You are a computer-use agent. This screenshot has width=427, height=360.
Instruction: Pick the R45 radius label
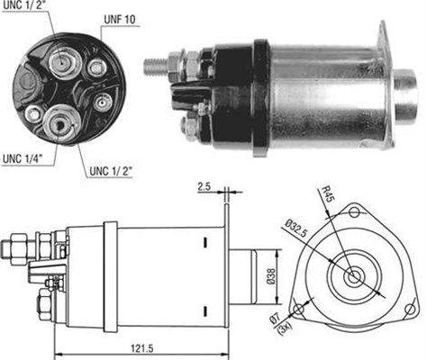tap(334, 196)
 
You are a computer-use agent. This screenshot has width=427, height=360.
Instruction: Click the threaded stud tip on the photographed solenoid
tap(150, 66)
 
